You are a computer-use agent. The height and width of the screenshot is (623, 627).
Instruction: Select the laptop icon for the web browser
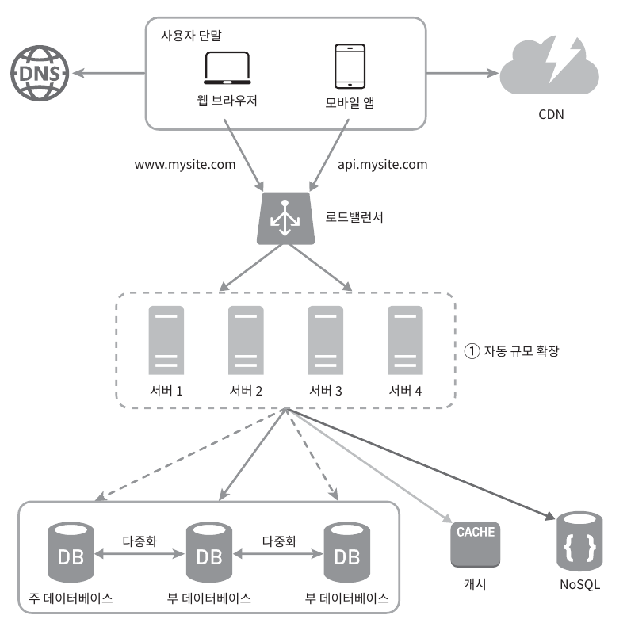tap(227, 69)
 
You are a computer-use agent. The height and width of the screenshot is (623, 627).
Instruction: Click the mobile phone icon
tap(350, 67)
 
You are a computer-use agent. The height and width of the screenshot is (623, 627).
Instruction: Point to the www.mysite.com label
tap(185, 165)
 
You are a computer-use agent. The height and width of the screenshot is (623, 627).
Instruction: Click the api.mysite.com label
tap(377, 165)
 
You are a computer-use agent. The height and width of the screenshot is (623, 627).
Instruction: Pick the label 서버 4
tap(406, 392)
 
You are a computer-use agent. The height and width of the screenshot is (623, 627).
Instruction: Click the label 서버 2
tap(246, 392)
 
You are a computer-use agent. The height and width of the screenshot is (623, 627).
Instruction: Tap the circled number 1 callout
tap(472, 350)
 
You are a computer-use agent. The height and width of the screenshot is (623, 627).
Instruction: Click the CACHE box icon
tap(476, 544)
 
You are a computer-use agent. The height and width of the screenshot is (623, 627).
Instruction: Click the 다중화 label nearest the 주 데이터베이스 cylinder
tap(140, 542)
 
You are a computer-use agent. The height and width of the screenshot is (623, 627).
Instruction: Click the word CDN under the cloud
tap(551, 114)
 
